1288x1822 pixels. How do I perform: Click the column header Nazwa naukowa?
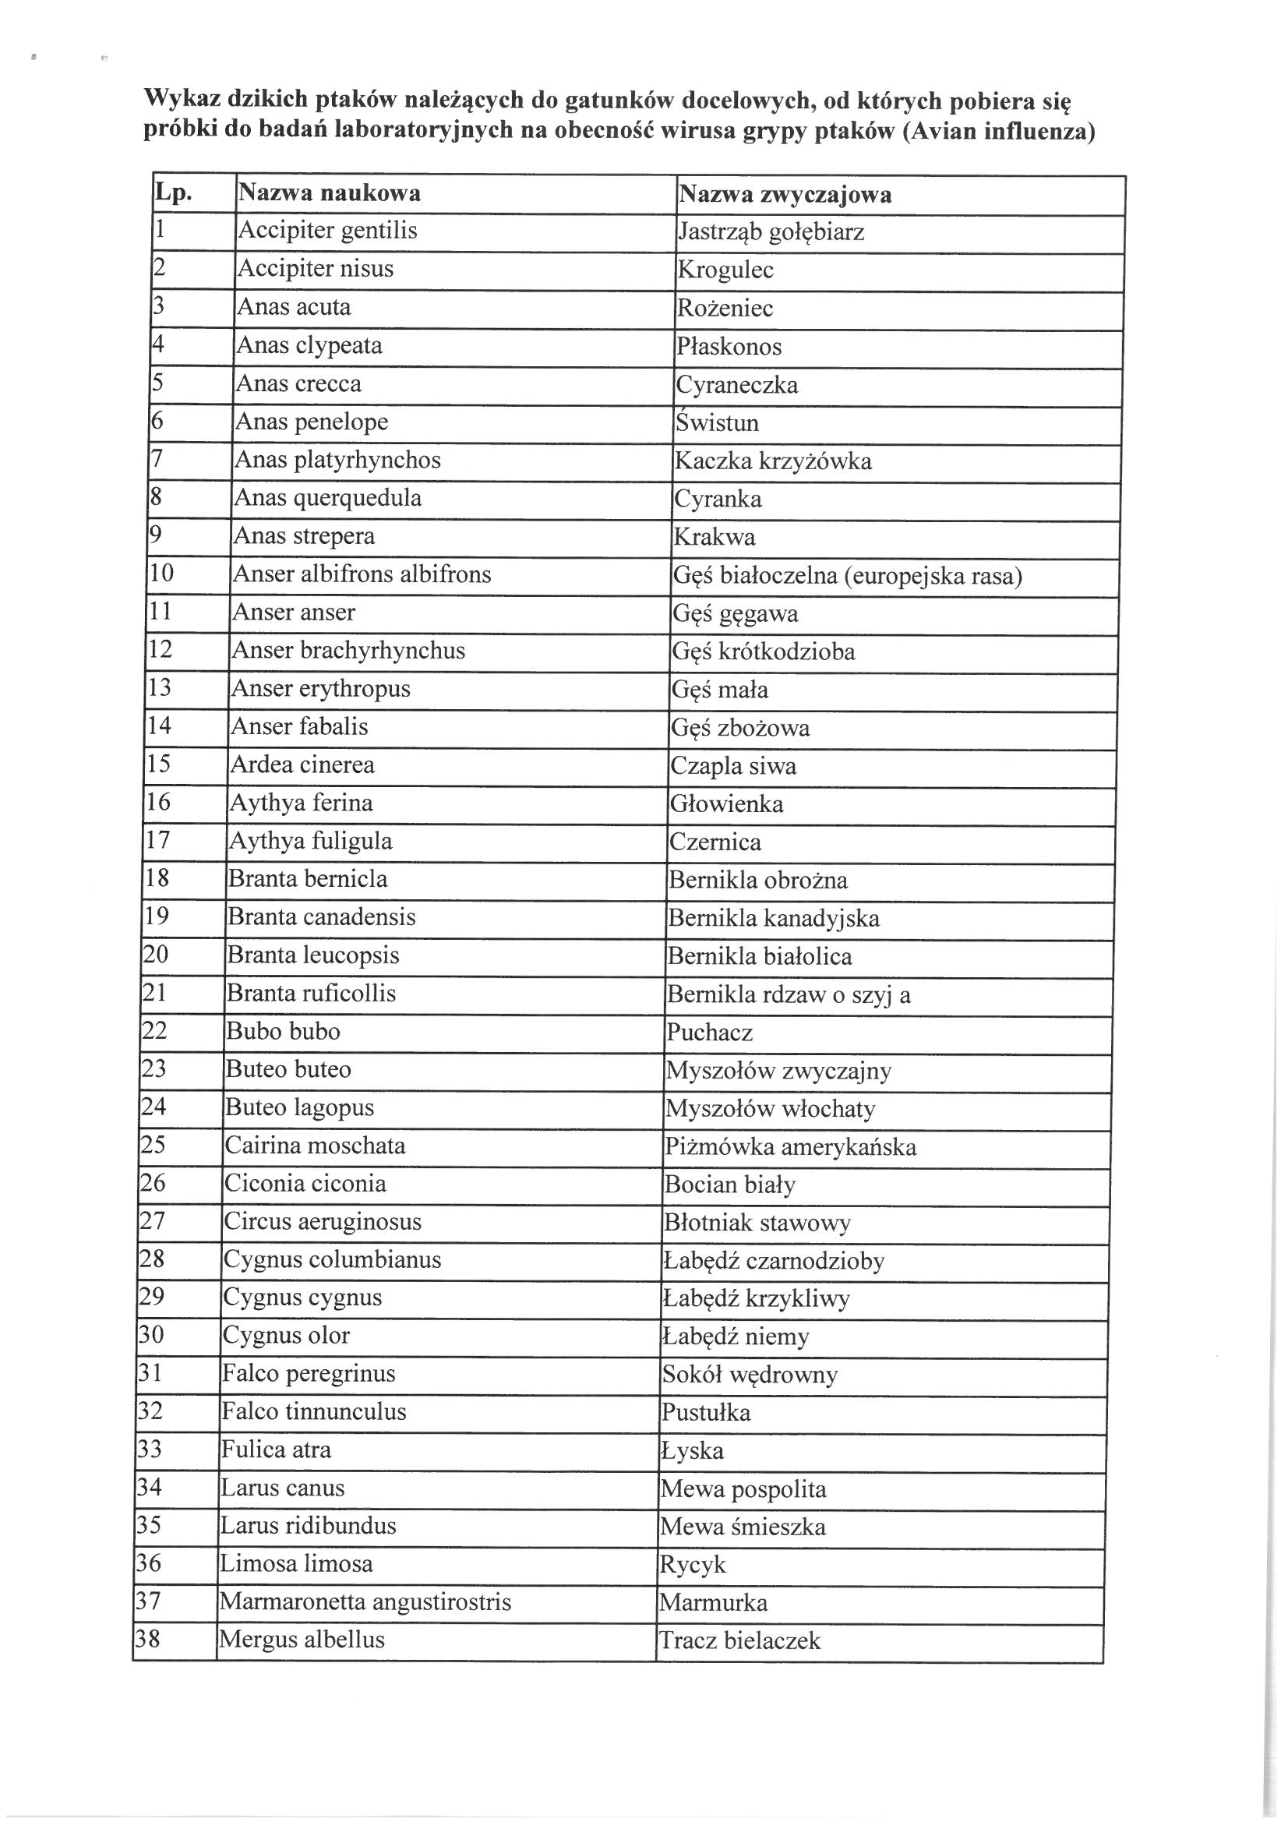click(x=330, y=192)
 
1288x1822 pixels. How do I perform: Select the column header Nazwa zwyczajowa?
click(x=785, y=194)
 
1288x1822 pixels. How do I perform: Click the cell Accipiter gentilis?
click(x=328, y=230)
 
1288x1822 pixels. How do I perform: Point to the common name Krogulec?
click(x=725, y=270)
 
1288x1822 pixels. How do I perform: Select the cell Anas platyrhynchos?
click(x=337, y=460)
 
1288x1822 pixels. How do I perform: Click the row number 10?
click(x=161, y=573)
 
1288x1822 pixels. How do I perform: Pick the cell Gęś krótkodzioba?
click(x=764, y=651)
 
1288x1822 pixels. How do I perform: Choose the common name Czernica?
click(x=715, y=842)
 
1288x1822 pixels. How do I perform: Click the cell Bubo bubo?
click(x=284, y=1031)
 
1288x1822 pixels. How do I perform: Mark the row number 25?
click(x=154, y=1144)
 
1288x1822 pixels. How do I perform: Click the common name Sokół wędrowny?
click(x=750, y=1375)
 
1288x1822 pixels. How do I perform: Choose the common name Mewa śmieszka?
click(x=743, y=1527)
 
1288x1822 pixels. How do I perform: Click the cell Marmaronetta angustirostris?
click(x=366, y=1601)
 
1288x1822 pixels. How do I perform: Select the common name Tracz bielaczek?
click(x=739, y=1640)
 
